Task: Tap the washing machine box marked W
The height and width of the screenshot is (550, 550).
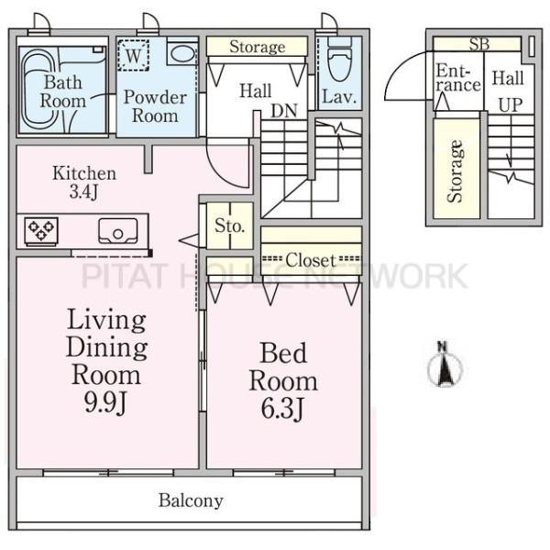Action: [x=133, y=55]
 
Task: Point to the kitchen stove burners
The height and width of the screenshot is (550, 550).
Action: [x=41, y=230]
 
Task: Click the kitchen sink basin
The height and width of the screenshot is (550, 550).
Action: [x=118, y=231]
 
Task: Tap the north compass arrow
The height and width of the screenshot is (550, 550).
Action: [x=445, y=365]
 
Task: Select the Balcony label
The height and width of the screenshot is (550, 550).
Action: [x=191, y=500]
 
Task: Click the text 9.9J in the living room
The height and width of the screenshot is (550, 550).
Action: [x=104, y=401]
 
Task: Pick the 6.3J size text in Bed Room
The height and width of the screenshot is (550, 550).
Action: [x=282, y=408]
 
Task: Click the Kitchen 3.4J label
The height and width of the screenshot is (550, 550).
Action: [x=83, y=182]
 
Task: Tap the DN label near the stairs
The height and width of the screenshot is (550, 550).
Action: [x=284, y=111]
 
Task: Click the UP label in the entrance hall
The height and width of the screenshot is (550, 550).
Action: [x=511, y=104]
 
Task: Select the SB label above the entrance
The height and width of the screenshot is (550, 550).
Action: [x=479, y=44]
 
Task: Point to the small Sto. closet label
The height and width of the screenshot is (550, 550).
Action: [x=229, y=225]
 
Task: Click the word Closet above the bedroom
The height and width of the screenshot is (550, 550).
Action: [x=311, y=260]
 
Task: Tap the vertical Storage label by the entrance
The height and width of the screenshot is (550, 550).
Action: [x=456, y=171]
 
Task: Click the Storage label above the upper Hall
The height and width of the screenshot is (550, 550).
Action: [x=257, y=47]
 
